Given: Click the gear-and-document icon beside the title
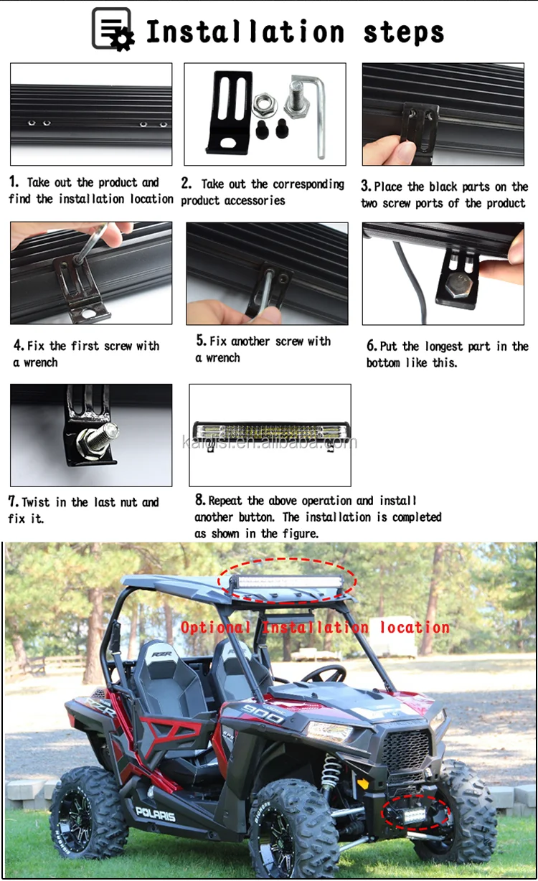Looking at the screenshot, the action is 113,29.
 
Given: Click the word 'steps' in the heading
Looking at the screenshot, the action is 403,32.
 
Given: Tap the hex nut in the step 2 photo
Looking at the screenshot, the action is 264,105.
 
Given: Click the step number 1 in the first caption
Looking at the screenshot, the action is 14,182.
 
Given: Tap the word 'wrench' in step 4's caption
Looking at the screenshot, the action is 41,362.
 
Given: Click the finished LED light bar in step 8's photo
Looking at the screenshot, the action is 270,432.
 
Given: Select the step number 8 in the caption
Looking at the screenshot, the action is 200,500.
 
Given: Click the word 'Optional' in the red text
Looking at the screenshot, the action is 215,627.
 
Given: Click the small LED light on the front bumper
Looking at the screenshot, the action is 414,816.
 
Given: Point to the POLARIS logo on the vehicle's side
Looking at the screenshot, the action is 156,814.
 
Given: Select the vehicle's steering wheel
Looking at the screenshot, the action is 324,674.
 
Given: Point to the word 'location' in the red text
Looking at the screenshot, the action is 415,627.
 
